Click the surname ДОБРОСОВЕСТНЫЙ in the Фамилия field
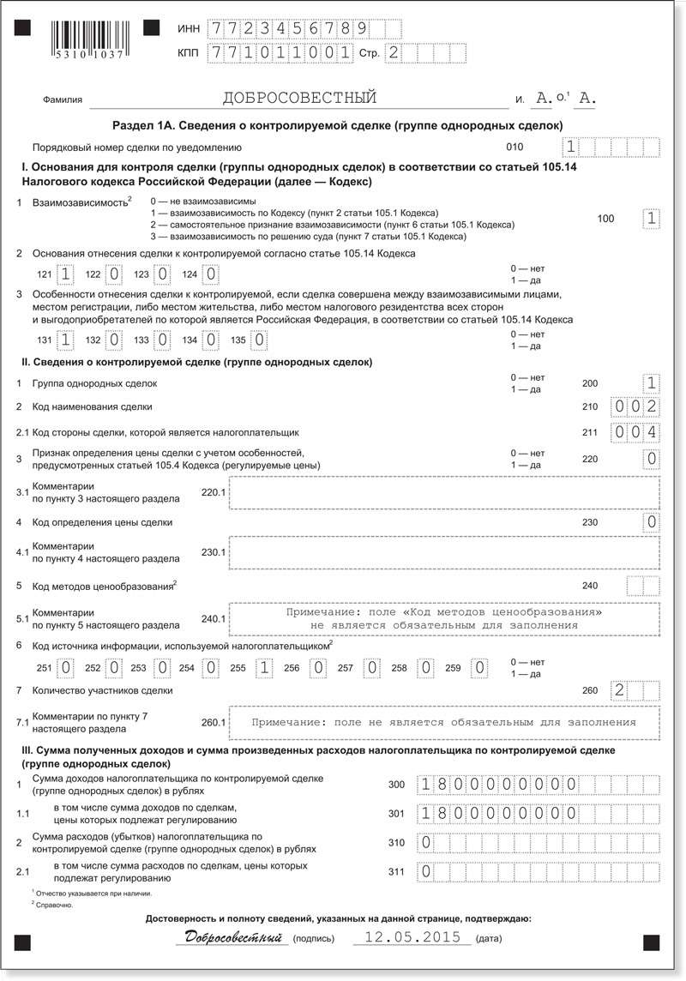pos(299,98)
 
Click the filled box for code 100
pos(652,219)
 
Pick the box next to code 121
pos(65,274)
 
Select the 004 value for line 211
pos(635,432)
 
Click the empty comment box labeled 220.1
pos(444,493)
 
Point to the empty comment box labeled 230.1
pos(444,552)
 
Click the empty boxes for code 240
pos(643,586)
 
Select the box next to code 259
pos(481,666)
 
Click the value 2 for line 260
pos(619,690)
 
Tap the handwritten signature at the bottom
pos(232,937)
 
